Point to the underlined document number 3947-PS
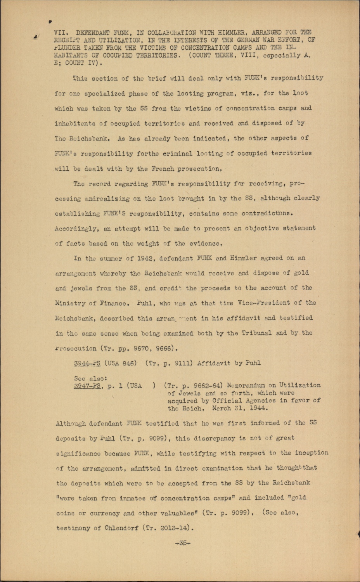(87, 386)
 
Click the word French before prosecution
(162, 169)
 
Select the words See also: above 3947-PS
(90, 378)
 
